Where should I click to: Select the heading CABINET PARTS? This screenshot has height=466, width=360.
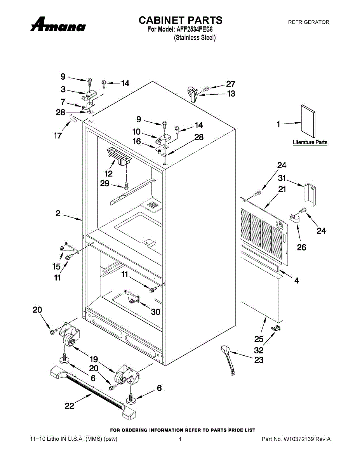(180, 20)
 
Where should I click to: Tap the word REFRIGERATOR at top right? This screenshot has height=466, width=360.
(308, 22)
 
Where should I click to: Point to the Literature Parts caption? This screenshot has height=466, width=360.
(310, 143)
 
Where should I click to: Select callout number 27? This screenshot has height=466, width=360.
(231, 84)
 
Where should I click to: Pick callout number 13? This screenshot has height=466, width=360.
(231, 94)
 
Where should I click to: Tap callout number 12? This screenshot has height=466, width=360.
(108, 174)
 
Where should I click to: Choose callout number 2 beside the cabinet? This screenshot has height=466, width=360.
(58, 213)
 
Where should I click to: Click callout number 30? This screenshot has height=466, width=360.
(155, 311)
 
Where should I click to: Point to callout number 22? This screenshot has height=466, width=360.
(70, 406)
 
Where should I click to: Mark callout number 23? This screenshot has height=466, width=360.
(259, 360)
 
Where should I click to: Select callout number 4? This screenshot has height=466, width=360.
(297, 280)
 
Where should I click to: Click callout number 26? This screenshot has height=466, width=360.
(301, 247)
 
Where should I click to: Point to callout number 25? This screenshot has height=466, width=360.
(259, 338)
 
